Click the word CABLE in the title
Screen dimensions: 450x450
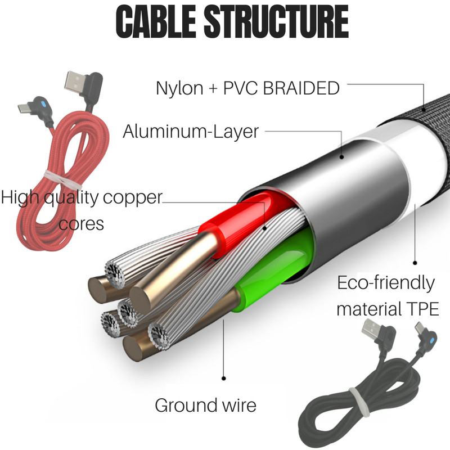click(156, 22)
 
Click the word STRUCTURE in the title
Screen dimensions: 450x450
click(276, 22)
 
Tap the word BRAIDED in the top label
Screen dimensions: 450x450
click(301, 88)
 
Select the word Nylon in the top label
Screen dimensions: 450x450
click(179, 88)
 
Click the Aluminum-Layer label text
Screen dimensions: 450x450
click(191, 132)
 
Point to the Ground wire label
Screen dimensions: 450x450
click(205, 406)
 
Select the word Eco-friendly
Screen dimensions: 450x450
click(386, 283)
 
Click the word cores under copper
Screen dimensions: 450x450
click(81, 224)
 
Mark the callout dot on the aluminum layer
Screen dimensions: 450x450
click(341, 157)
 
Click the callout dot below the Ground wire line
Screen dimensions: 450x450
click(224, 379)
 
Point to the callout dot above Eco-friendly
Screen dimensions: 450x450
click(415, 263)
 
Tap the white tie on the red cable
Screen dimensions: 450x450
click(62, 180)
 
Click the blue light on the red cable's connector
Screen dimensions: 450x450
click(43, 104)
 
